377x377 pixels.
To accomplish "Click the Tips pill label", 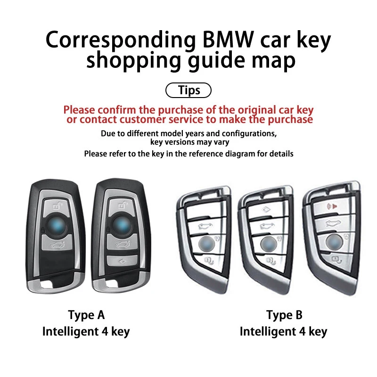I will pyautogui.click(x=189, y=90).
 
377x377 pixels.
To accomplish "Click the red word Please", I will pyautogui.click(x=82, y=110).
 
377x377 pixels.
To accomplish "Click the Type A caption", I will pyautogui.click(x=86, y=314).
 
